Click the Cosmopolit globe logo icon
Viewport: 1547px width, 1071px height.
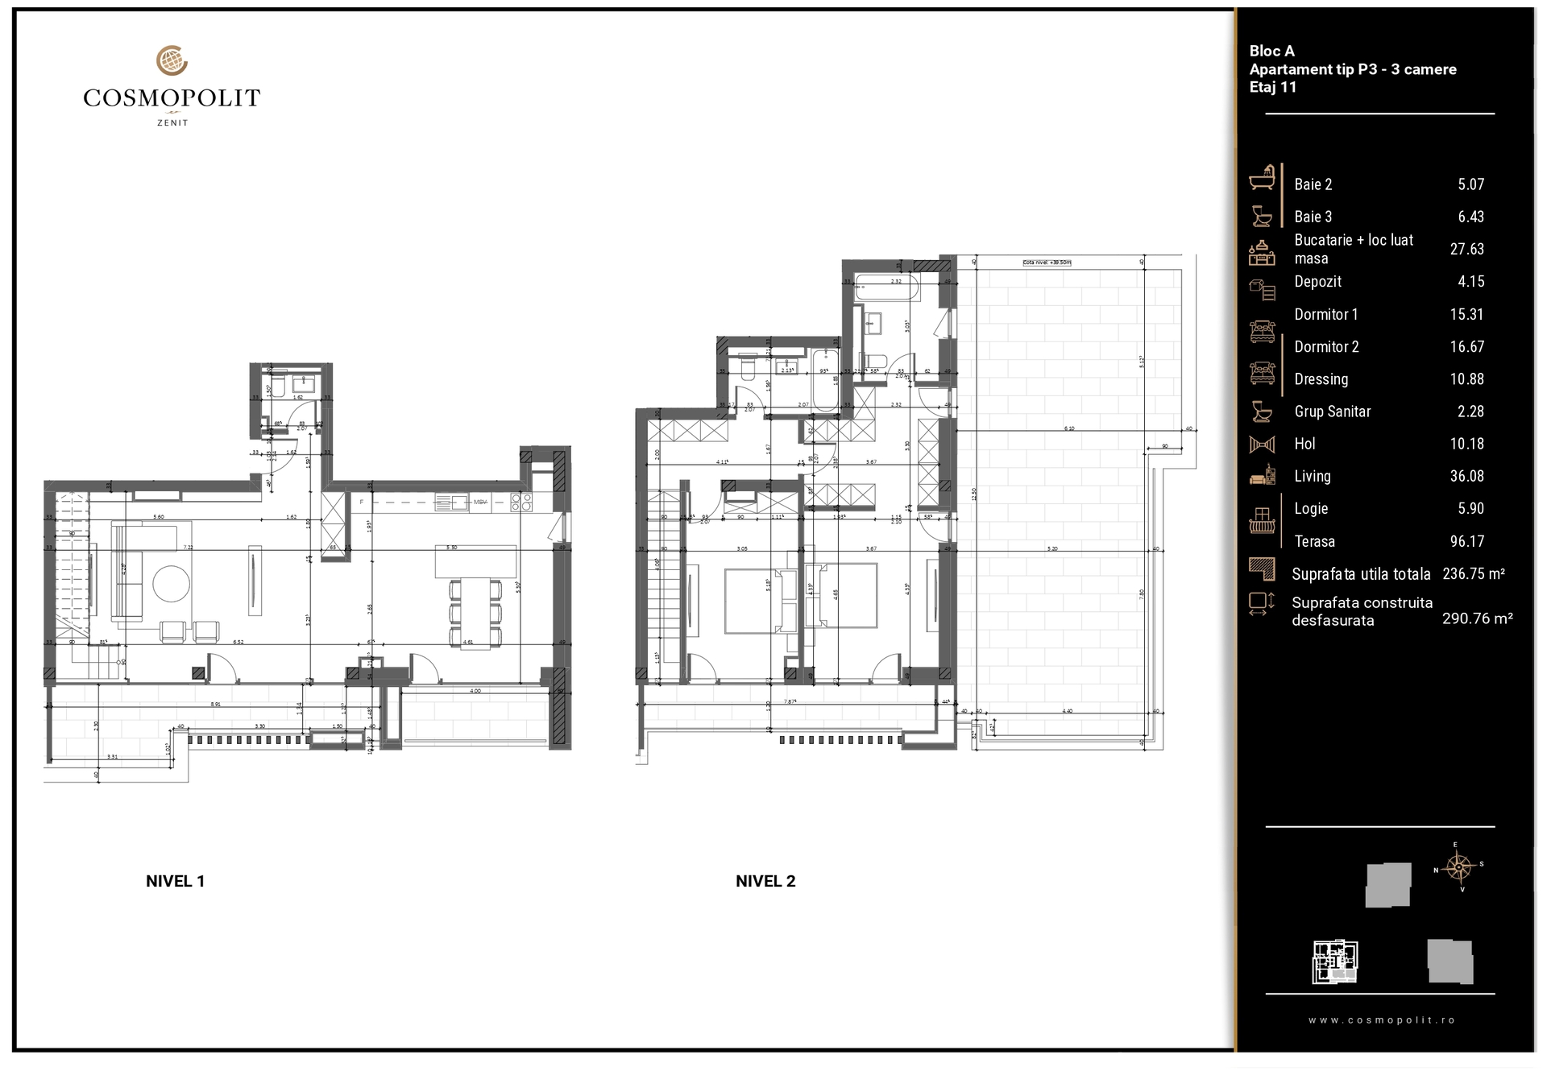pyautogui.click(x=172, y=61)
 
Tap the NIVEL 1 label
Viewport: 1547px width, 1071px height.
pyautogui.click(x=175, y=881)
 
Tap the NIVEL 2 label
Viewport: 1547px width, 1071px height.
pyautogui.click(x=765, y=881)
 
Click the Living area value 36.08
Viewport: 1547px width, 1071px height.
pyautogui.click(x=1466, y=476)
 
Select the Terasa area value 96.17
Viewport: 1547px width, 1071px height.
pyautogui.click(x=1466, y=541)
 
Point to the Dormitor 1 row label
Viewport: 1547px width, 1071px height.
pyautogui.click(x=1325, y=314)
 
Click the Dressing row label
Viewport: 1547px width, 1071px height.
pyautogui.click(x=1321, y=378)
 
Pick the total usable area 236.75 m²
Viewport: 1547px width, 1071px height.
pyautogui.click(x=1473, y=573)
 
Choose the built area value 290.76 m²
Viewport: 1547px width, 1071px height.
pyautogui.click(x=1477, y=618)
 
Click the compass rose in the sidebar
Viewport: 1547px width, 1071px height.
pyautogui.click(x=1459, y=868)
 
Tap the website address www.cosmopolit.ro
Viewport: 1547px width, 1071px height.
pyautogui.click(x=1381, y=1019)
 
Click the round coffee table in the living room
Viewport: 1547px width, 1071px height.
pyautogui.click(x=172, y=583)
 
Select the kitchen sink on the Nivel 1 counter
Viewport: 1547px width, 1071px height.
pyautogui.click(x=451, y=503)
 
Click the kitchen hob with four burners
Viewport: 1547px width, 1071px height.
pyautogui.click(x=521, y=502)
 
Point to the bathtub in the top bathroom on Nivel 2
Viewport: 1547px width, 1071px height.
pyautogui.click(x=887, y=287)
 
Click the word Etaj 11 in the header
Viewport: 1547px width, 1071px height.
pyautogui.click(x=1273, y=87)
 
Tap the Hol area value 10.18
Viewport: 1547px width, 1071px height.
pyautogui.click(x=1466, y=444)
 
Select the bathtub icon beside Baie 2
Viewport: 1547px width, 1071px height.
pyautogui.click(x=1263, y=178)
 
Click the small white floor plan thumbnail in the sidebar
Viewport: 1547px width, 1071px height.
pyautogui.click(x=1335, y=961)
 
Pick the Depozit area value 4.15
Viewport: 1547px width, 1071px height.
pyautogui.click(x=1470, y=281)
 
